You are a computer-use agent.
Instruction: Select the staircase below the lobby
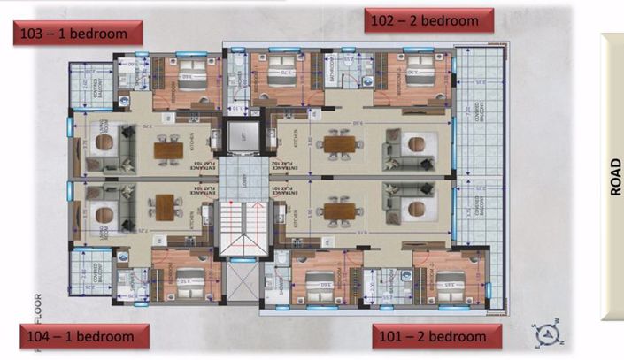(x=240, y=231)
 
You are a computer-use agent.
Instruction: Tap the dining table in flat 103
(x=167, y=149)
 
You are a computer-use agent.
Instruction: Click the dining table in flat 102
(x=339, y=142)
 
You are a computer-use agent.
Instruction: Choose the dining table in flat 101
(x=339, y=211)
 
